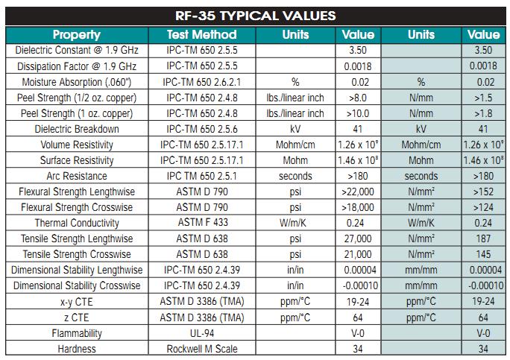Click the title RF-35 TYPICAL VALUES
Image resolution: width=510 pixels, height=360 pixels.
255,14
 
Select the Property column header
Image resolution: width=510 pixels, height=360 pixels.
77,34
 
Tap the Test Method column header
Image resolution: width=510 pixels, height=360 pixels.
202,34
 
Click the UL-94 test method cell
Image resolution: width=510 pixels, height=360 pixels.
202,333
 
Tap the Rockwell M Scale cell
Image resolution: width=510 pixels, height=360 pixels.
202,349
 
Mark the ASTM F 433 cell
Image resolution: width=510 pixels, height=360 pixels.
202,223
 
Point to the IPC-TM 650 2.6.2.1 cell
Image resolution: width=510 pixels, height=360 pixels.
202,81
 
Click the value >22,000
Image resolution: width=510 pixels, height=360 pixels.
358,192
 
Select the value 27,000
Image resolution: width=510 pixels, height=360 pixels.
358,239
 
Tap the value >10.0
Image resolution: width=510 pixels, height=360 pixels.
358,113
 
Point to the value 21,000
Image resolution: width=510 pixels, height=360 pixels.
358,254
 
